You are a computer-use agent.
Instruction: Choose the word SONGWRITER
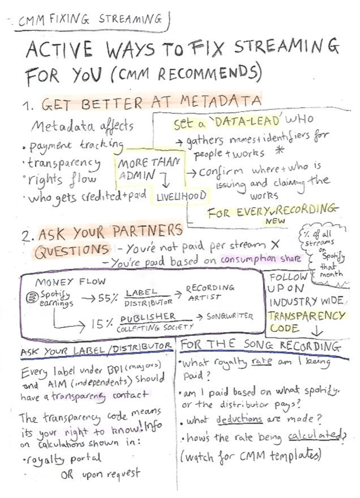(x=230, y=317)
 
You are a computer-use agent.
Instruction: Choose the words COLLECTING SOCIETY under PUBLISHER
(x=151, y=328)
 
